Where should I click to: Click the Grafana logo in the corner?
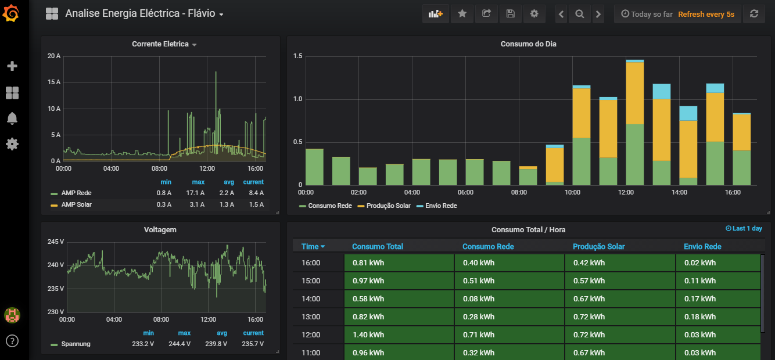11,13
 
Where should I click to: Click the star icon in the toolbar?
462,14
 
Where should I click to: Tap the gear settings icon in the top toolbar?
534,14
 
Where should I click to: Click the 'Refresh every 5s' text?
706,14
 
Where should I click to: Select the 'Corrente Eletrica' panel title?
160,44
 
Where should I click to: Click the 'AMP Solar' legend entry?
77,204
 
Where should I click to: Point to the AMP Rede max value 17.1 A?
195,193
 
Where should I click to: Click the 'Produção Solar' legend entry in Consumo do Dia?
388,206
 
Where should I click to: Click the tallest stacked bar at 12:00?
634,123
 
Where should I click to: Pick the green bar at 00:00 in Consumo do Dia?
314,167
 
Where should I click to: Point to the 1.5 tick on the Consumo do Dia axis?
297,56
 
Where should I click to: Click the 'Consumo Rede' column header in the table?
488,247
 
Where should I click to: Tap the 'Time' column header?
310,247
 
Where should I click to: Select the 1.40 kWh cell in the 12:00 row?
399,335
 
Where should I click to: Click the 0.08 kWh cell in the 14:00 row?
510,299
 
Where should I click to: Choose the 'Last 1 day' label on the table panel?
744,229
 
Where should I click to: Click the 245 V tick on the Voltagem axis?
56,242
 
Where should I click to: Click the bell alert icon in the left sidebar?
12,118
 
